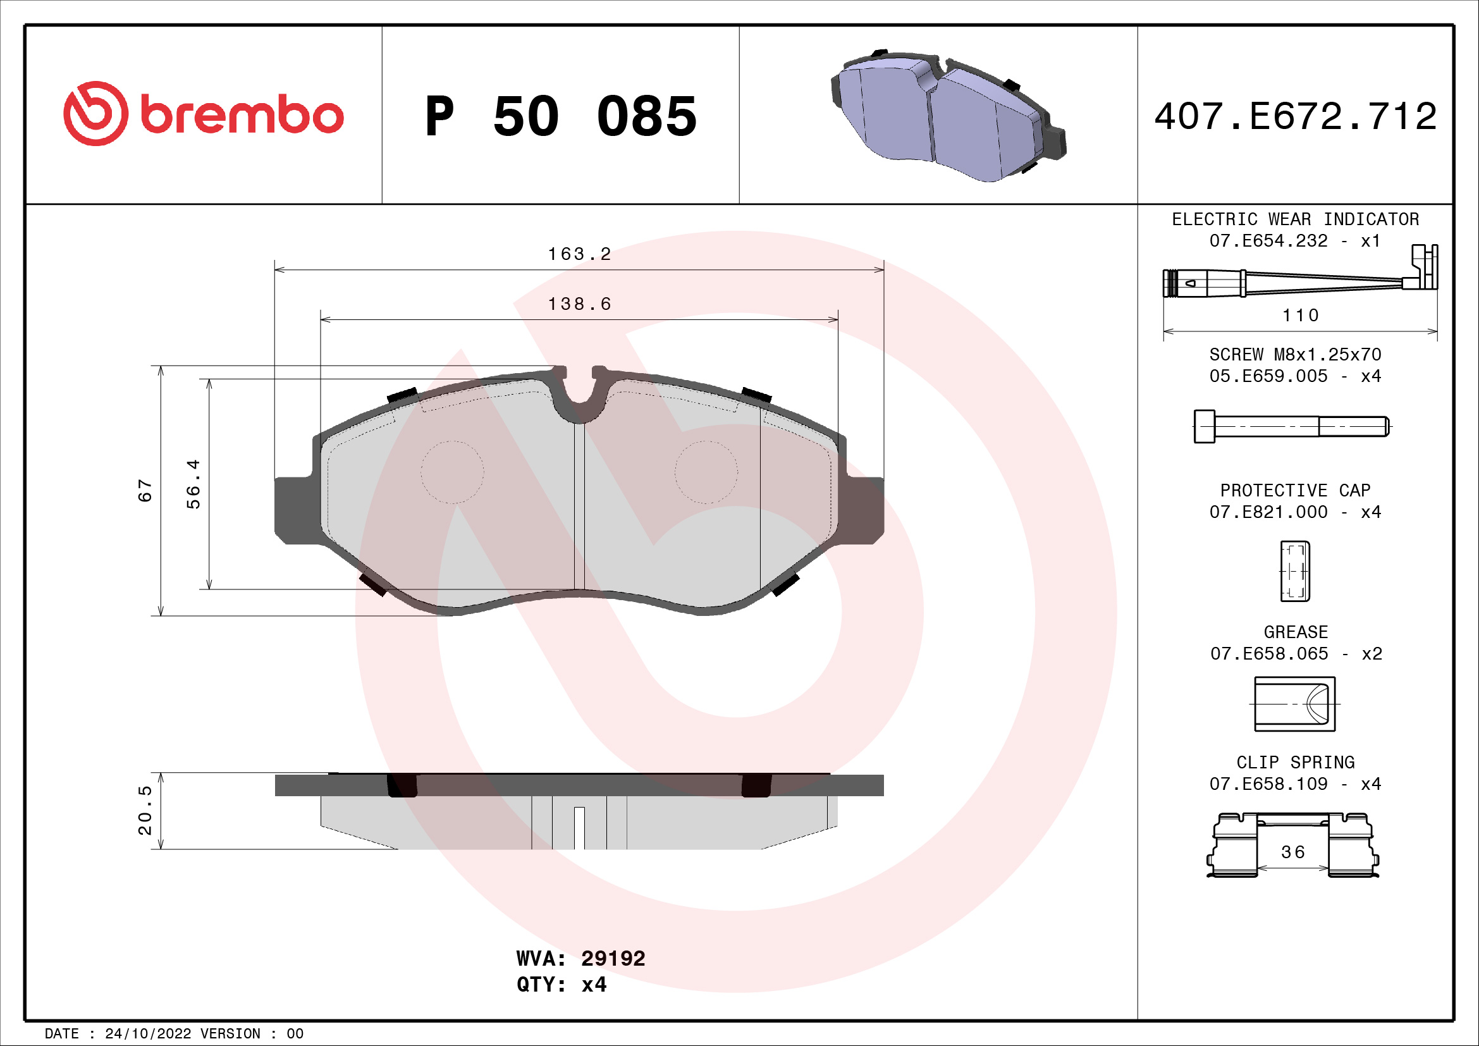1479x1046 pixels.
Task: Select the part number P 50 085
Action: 560,116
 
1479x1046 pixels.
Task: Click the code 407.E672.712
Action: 1295,116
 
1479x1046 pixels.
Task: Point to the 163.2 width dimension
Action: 579,254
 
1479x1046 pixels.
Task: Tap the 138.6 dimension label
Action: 579,304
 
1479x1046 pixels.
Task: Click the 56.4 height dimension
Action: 193,484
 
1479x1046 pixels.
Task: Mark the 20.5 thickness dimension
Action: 145,810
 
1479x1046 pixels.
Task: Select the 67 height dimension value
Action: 145,491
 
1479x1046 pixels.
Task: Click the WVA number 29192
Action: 613,958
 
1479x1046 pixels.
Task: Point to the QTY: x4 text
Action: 561,985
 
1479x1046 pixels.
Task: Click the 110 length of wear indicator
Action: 1301,316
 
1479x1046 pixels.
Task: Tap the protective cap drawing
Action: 1295,571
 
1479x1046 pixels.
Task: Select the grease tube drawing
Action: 1295,704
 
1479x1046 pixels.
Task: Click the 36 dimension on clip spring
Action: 1293,852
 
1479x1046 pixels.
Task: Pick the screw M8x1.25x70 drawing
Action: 1292,426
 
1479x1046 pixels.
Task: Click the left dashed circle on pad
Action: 452,472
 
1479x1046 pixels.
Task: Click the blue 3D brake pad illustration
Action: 947,116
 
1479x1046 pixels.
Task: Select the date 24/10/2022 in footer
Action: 147,1034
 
